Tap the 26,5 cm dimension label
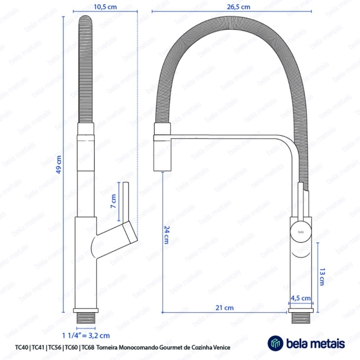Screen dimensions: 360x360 [239, 7]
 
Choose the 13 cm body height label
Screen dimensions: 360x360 [321, 278]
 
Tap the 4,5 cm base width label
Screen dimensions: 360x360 [300, 298]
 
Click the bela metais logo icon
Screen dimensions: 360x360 [276, 344]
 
